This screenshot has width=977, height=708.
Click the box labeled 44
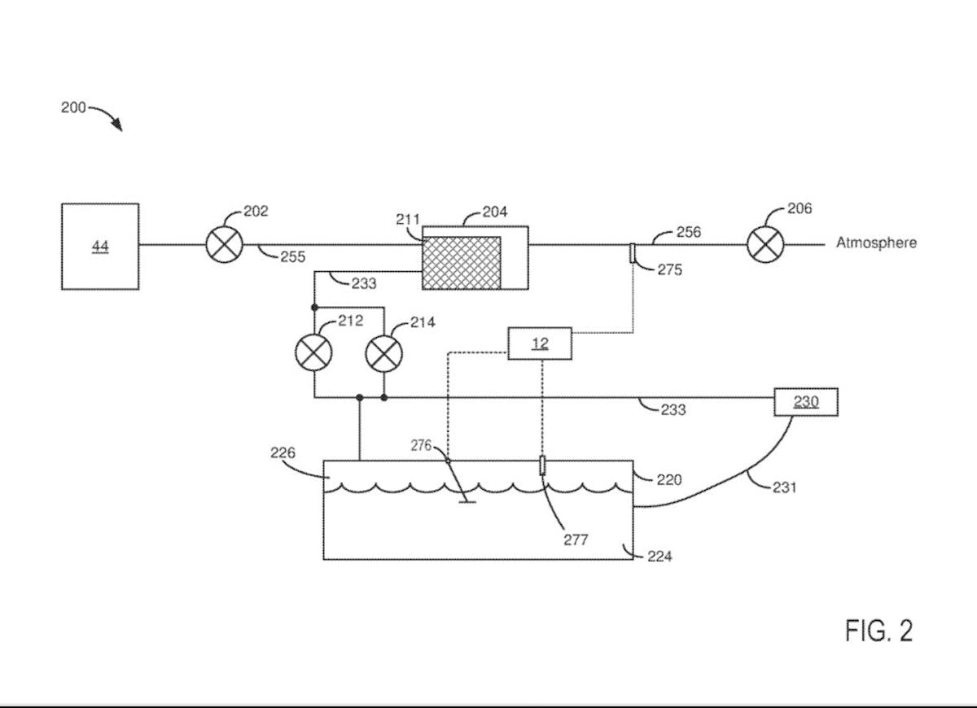100,247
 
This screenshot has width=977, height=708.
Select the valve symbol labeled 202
223,244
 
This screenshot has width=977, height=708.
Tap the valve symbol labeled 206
765,244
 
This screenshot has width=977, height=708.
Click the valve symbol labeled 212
313,353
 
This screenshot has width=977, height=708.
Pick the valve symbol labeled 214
383,353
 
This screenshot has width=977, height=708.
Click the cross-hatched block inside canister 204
462,262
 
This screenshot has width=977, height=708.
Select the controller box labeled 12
540,343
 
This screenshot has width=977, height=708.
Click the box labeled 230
805,402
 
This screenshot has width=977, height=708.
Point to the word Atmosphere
876,243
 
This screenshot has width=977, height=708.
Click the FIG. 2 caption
878,631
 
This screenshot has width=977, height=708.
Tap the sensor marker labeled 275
633,253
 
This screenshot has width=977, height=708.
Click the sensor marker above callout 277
542,465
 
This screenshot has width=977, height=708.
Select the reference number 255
292,257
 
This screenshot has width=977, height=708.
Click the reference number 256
688,233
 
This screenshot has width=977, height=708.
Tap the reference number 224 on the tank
659,557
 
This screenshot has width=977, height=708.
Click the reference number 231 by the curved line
783,487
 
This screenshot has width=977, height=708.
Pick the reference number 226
283,453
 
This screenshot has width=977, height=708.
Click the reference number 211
407,219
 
